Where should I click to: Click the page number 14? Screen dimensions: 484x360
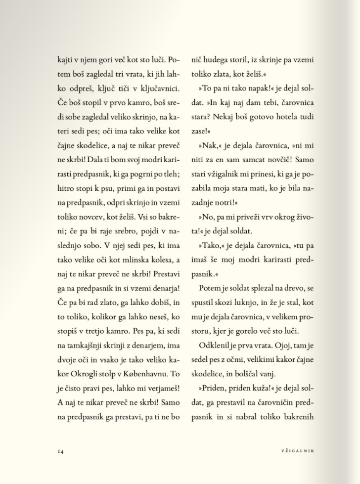[x=60, y=450]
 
